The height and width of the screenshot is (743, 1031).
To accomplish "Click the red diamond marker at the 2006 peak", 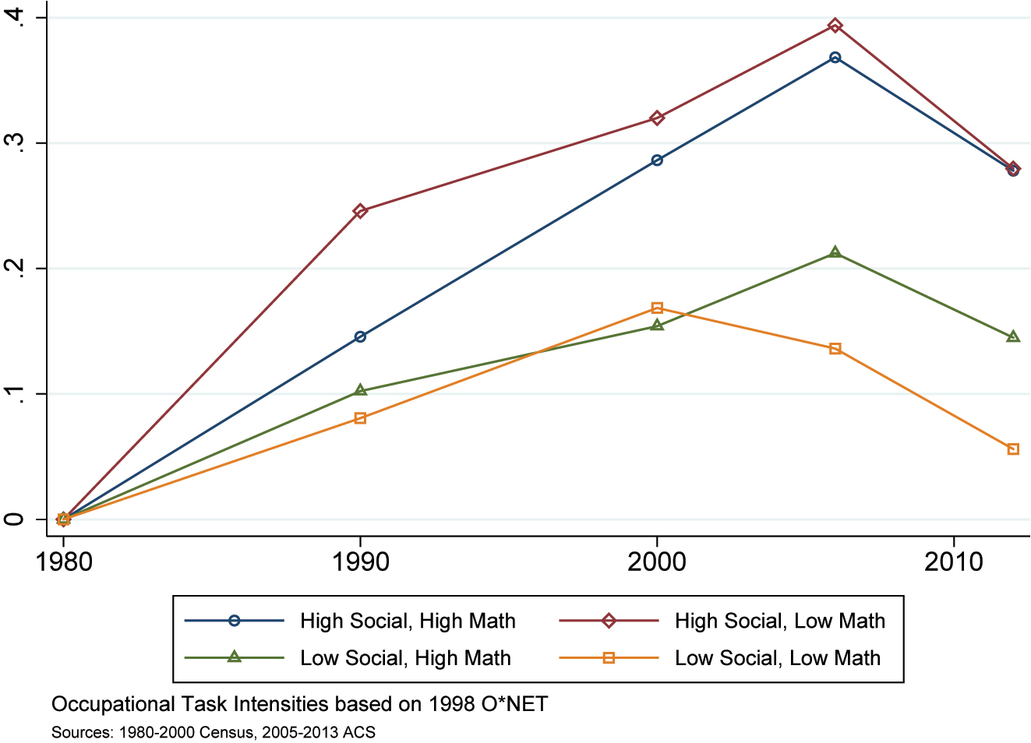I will coord(835,26).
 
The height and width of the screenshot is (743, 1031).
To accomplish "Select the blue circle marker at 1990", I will coord(360,336).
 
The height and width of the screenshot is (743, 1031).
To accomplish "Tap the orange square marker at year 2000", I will coord(657,308).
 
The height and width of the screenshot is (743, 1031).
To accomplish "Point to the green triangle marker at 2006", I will coord(835,252).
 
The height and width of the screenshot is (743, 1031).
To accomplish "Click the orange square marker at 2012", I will coord(1012,449).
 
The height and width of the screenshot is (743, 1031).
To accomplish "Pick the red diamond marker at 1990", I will coord(360,211).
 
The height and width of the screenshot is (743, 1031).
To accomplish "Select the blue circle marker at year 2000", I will coord(657,160).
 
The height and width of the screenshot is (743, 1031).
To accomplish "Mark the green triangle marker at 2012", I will coord(1012,336).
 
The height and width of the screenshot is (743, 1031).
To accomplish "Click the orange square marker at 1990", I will coord(360,418).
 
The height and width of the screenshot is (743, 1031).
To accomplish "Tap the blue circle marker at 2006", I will coord(835,58).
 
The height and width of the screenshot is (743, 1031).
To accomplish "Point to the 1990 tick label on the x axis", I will coord(360,562).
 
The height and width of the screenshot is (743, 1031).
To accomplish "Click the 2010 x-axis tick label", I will coord(954,562).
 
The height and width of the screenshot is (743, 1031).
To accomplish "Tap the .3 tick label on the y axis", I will coord(15,143).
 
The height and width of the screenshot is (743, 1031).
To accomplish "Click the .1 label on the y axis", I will coord(15,394).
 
